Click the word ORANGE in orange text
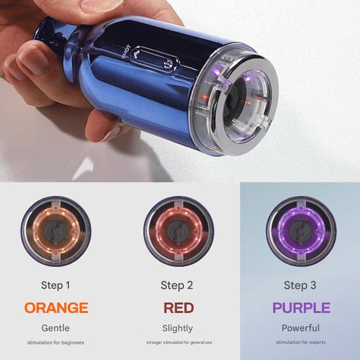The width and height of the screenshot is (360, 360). tap(56, 308)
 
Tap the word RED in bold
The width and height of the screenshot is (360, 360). tap(179, 308)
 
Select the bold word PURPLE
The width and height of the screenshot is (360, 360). tap(301, 308)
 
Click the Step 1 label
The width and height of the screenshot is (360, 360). tap(55, 285)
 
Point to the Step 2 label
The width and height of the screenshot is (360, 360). tap(177, 285)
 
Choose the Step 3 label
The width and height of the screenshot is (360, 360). tap(300, 285)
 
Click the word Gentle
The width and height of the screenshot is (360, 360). tap(55, 328)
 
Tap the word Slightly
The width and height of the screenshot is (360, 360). tap(177, 328)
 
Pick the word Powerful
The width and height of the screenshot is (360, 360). tap(301, 328)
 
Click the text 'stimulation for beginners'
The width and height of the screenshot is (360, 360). tap(55, 342)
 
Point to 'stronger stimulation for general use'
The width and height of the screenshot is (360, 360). tap(179, 342)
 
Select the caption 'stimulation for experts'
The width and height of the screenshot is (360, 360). tap(301, 342)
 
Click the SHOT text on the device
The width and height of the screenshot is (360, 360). tap(126, 51)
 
